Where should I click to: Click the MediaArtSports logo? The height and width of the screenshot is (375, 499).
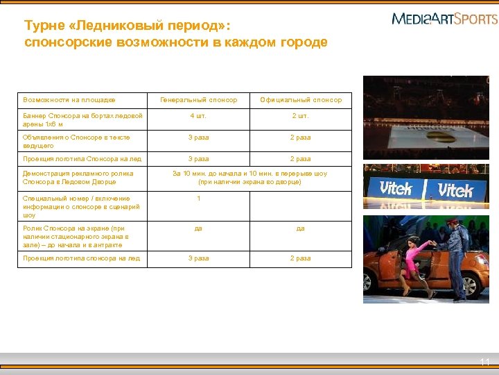click(444, 19)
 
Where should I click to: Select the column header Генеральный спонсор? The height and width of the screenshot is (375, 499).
click(198, 100)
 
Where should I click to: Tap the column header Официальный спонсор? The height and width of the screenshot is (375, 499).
click(301, 100)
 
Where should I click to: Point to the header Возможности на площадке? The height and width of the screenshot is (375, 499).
click(69, 100)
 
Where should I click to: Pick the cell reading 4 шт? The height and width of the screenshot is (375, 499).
click(198, 115)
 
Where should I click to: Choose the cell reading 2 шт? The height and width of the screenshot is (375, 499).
click(300, 115)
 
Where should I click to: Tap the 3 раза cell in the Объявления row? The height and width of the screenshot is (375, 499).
click(198, 137)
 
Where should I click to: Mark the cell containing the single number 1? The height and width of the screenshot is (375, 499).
click(198, 199)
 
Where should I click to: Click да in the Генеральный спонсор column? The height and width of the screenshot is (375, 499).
click(198, 228)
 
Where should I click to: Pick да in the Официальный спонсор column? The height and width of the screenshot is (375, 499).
click(300, 228)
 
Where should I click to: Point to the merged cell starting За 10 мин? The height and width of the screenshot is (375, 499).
click(249, 178)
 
